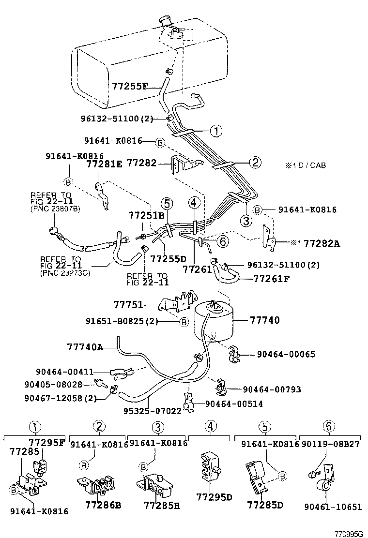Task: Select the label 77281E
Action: tap(104, 164)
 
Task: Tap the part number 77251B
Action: tap(146, 215)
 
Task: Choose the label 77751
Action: tap(128, 304)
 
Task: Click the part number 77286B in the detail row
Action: tap(103, 506)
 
